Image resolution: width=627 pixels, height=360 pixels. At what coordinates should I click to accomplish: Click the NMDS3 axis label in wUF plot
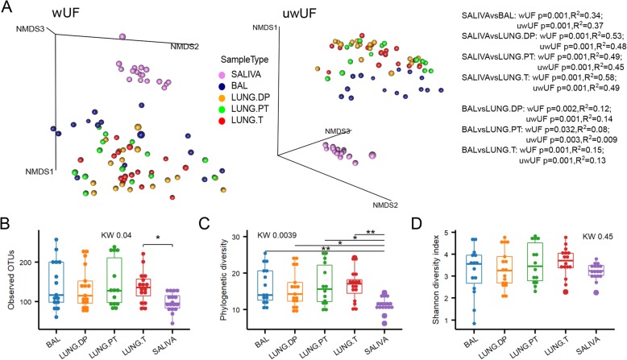pyautogui.click(x=29, y=30)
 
